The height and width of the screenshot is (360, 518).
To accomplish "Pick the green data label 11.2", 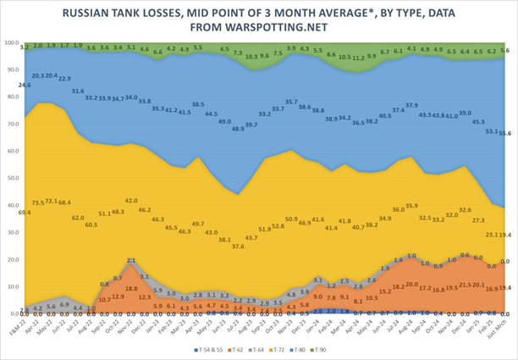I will pos(359,58).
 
